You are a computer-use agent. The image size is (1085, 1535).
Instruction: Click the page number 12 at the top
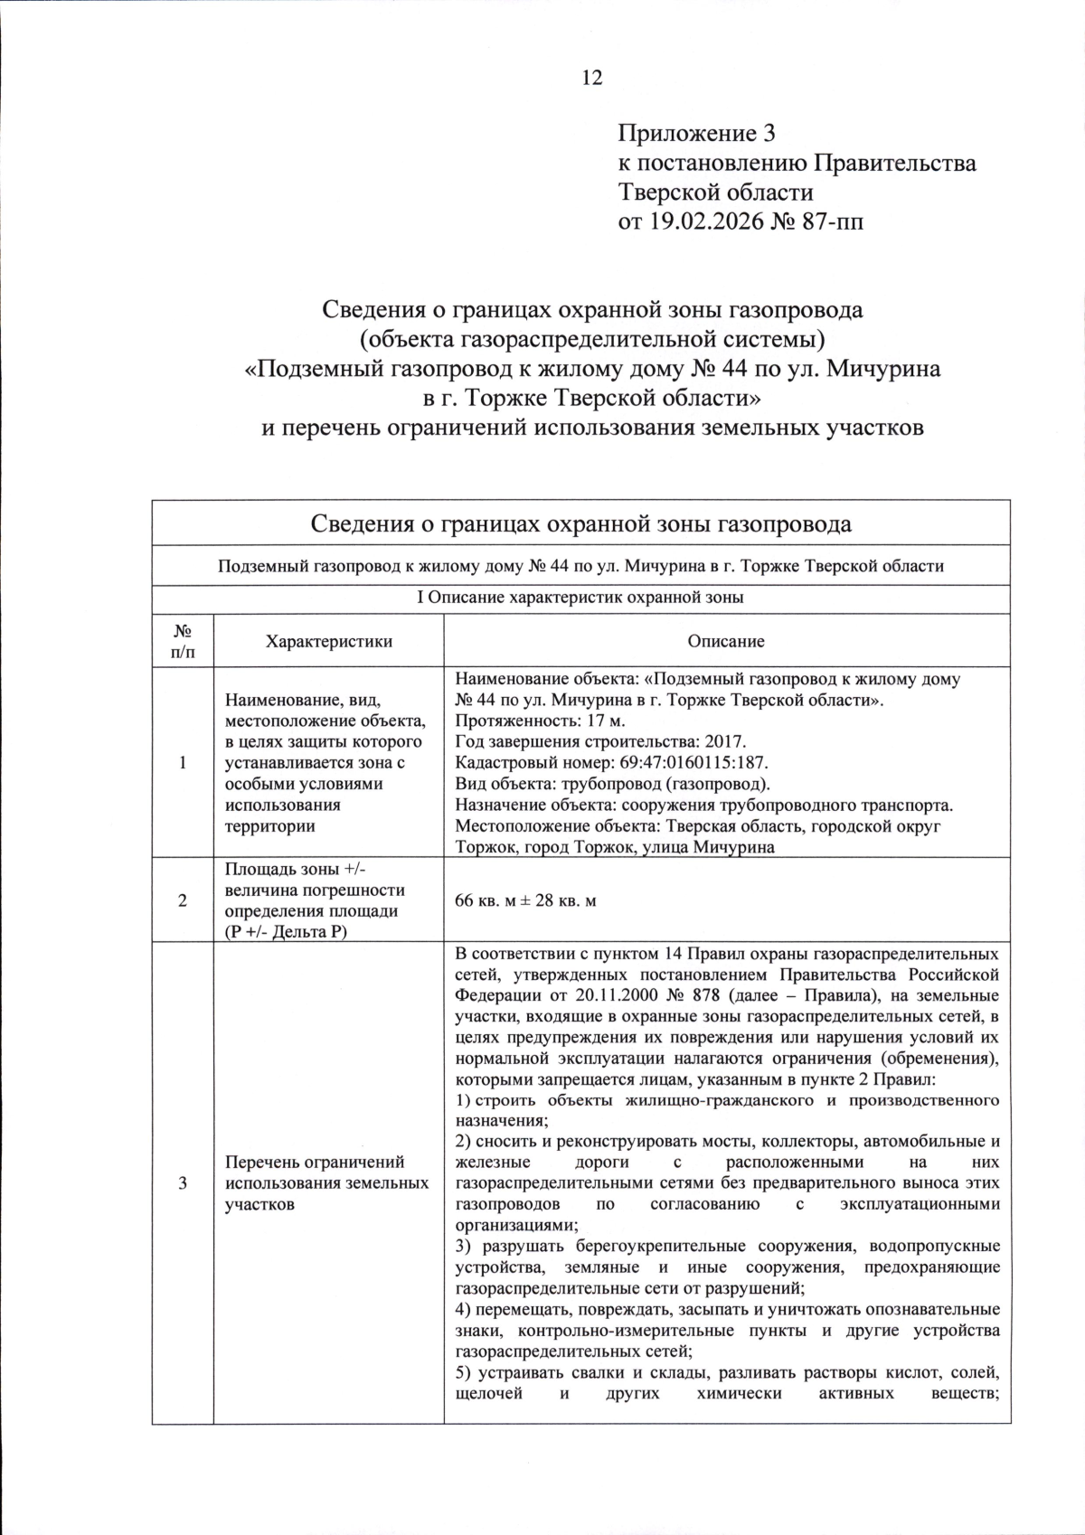tap(591, 78)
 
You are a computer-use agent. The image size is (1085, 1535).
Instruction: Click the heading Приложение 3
tap(696, 135)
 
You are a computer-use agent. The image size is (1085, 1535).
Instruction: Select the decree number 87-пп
tap(832, 220)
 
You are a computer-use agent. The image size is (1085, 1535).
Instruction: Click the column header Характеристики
tap(329, 641)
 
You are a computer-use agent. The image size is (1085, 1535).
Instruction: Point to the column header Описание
tap(725, 641)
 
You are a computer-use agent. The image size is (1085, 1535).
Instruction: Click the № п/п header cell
tap(183, 641)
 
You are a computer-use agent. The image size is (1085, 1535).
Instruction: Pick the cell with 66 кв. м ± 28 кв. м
tap(525, 901)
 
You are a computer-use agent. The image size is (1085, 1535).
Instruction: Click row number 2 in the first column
tap(183, 901)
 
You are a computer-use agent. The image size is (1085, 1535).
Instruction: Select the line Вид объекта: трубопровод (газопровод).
tap(612, 784)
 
